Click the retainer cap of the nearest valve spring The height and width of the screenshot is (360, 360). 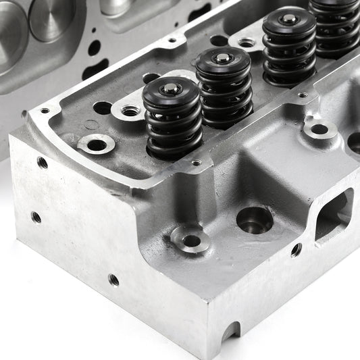(172, 88)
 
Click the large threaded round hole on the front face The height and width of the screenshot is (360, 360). (255, 220)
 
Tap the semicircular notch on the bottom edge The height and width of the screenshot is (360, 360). (230, 331)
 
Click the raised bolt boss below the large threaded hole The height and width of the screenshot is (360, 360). (190, 240)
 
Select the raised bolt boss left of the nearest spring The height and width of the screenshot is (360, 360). (96, 144)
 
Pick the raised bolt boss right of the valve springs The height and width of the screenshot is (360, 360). (319, 128)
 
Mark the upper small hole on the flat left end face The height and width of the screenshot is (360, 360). (43, 162)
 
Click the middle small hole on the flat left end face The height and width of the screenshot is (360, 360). (36, 217)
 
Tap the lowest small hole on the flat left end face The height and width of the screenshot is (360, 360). (113, 279)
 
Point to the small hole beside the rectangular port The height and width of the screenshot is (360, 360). (296, 250)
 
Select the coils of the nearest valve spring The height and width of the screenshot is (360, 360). (172, 125)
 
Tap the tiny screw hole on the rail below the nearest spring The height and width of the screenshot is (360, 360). (196, 163)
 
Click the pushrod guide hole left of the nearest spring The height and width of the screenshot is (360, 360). (103, 107)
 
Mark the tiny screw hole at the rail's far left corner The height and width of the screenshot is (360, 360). (45, 110)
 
